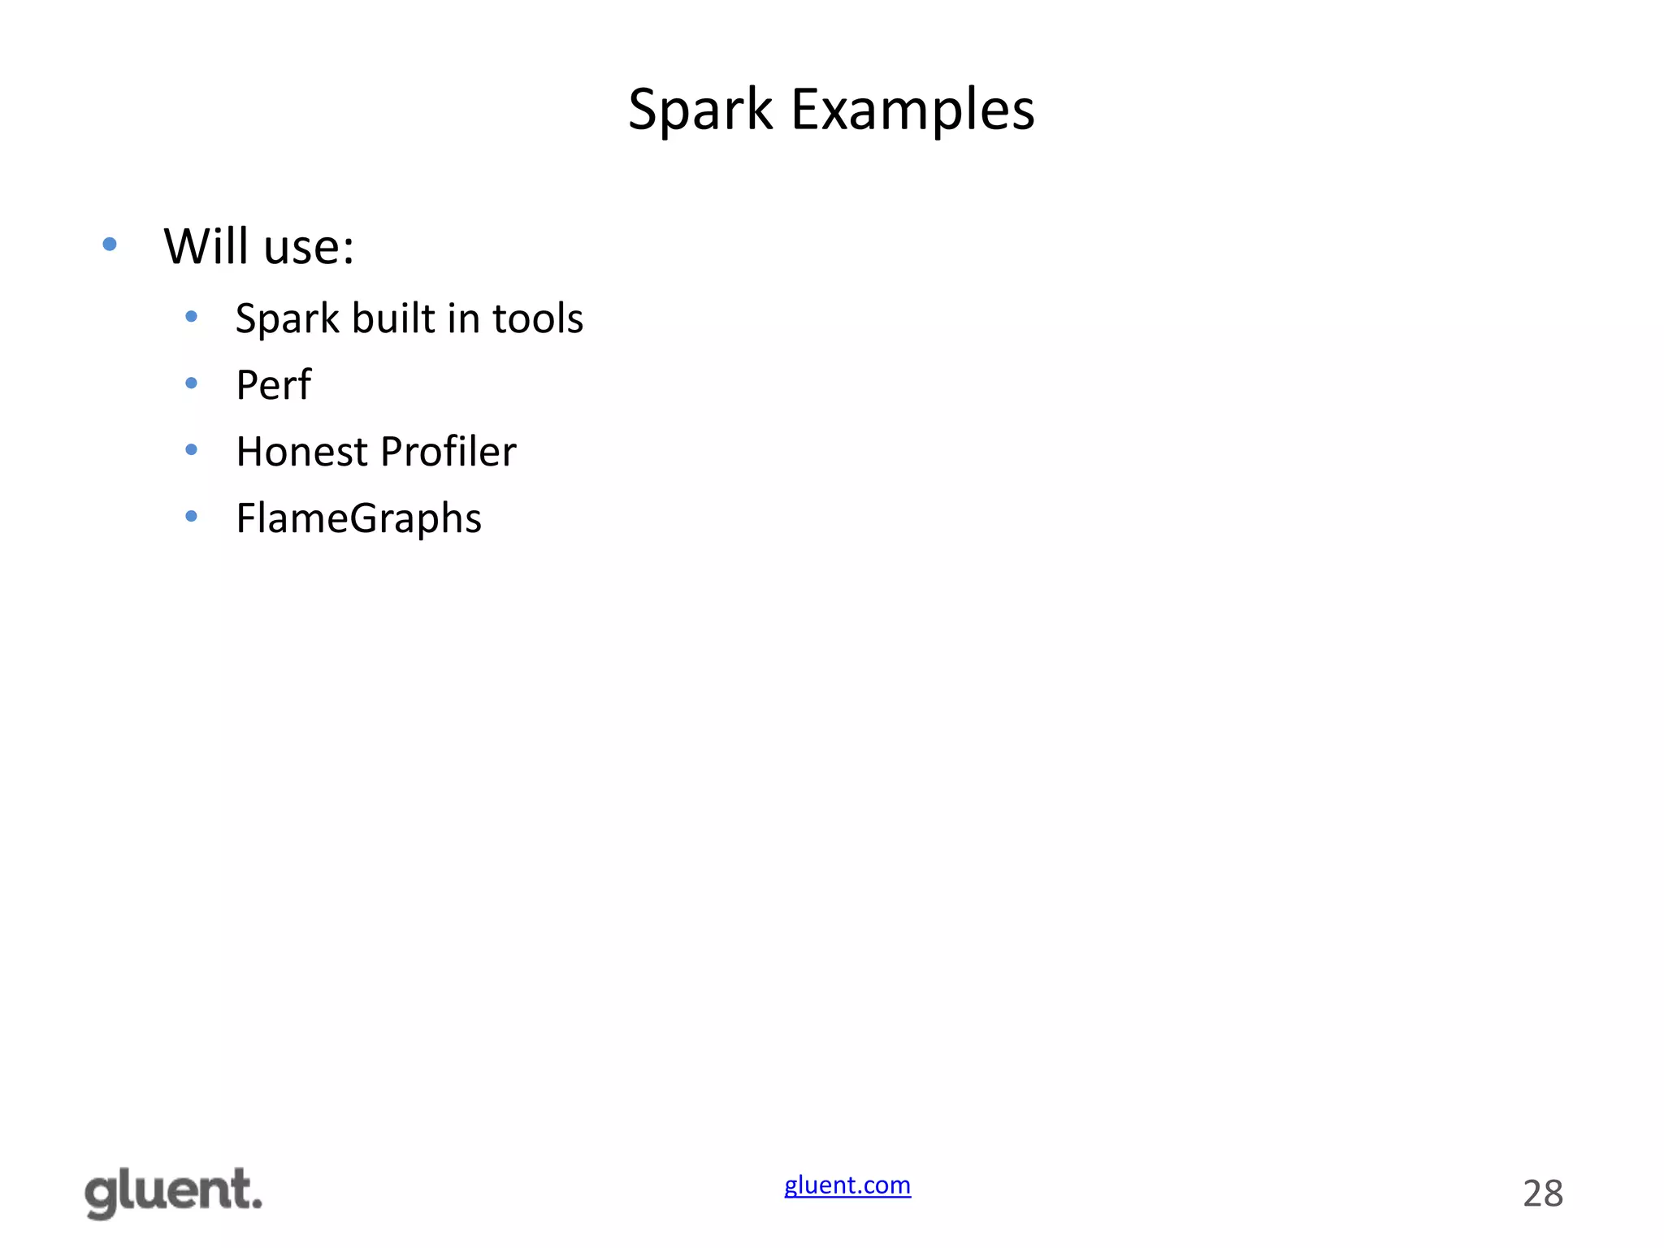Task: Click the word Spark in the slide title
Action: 700,110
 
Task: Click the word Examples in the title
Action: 912,110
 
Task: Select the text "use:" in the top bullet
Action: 310,248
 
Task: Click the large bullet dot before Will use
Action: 110,244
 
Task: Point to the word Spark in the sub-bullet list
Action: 287,318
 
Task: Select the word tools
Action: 538,318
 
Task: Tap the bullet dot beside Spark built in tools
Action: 191,316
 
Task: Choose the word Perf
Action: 273,384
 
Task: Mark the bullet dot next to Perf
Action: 191,383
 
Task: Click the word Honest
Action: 301,451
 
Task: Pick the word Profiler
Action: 448,451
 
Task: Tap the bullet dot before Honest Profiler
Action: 191,449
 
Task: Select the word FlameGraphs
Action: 358,518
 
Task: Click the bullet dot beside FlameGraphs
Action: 191,516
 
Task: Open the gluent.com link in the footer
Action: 847,1185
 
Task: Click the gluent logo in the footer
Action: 174,1192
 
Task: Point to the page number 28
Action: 1542,1194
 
